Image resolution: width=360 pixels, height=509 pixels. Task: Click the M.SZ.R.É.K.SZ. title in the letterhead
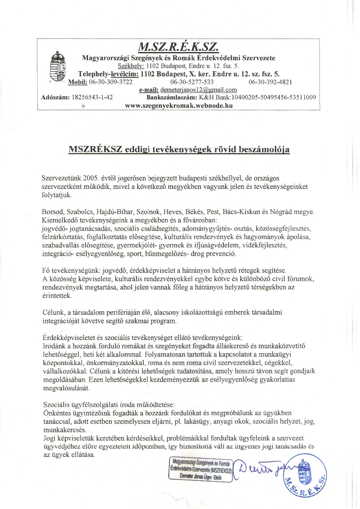click(178, 47)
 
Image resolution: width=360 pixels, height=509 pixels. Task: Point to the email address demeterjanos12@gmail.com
click(198, 90)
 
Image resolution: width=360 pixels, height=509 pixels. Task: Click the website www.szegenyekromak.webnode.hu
click(179, 105)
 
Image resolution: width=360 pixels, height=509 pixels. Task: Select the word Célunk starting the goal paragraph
click(51, 312)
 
